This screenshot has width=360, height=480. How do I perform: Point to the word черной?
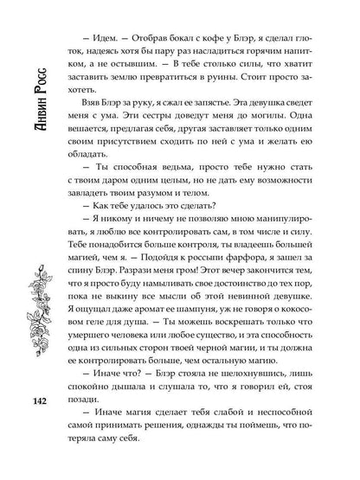[206, 363]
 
